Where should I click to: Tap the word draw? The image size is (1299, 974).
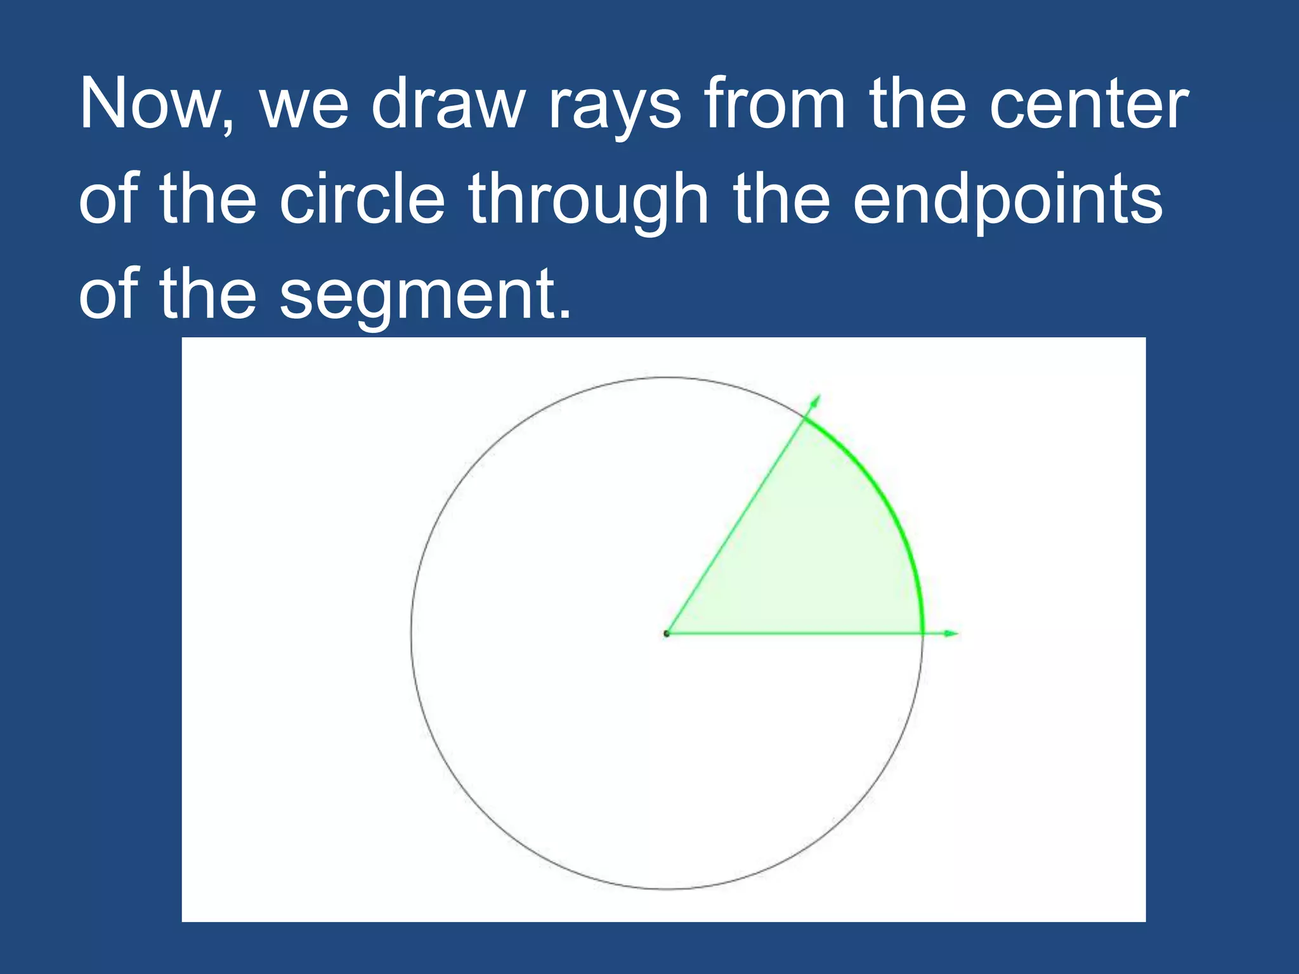click(448, 103)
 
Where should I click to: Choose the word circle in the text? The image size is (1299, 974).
click(362, 198)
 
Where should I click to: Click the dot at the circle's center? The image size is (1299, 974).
click(666, 633)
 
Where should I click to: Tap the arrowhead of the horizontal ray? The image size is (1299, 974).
click(951, 633)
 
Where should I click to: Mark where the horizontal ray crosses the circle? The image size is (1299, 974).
click(922, 633)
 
